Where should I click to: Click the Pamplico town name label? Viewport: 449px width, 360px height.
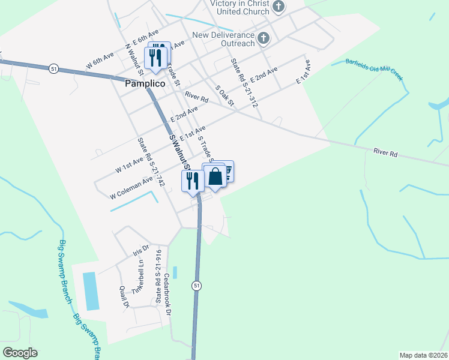pos(145,85)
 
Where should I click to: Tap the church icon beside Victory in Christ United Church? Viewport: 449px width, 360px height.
pos(278,7)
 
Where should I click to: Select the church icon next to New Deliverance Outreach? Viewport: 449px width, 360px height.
pos(263,39)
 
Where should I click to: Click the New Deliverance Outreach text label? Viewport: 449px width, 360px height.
pos(223,39)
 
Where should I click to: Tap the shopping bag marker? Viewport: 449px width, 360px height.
pos(215,176)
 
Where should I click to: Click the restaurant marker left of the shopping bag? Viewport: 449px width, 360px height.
pos(193,181)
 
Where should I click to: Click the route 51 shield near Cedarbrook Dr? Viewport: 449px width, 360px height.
pos(196,286)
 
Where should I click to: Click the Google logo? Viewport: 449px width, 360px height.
pos(20,353)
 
